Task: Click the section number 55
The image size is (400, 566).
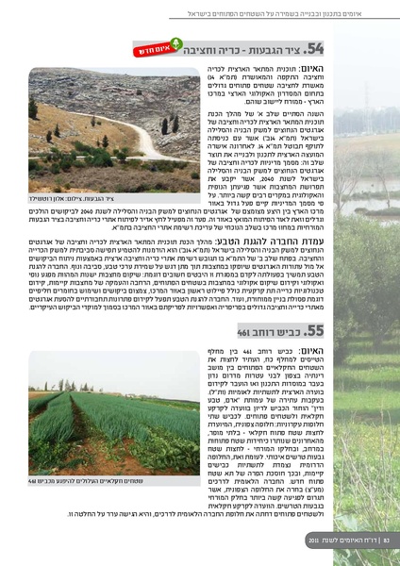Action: (x=314, y=330)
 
